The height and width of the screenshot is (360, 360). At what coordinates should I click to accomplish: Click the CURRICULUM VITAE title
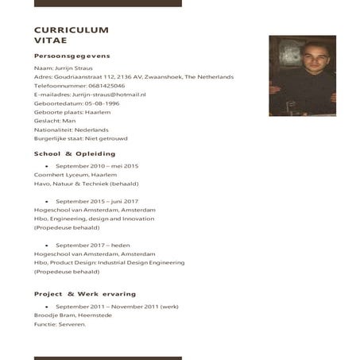coord(72,34)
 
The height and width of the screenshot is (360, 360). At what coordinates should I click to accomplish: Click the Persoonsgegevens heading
coord(72,56)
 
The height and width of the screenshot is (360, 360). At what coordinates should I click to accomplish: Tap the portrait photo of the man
coord(291,75)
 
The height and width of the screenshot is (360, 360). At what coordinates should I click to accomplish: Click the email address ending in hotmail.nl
coord(108,94)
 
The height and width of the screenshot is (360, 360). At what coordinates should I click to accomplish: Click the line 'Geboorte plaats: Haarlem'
coord(72,112)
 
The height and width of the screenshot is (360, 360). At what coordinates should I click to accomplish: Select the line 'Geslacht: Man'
coord(55,121)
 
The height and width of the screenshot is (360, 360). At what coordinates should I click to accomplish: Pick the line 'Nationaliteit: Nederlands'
coord(72,130)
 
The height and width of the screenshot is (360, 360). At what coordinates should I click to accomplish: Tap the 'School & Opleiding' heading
coord(75,153)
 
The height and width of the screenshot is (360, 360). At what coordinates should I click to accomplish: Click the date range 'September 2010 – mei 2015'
coord(97,165)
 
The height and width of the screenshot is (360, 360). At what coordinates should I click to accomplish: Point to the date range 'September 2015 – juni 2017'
coord(97,201)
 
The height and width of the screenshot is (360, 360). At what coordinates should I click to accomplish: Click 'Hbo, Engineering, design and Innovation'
coord(95,219)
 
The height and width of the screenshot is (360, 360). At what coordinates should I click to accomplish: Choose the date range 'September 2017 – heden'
coord(92,245)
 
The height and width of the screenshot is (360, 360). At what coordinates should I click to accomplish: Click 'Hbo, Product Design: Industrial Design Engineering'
coord(109,262)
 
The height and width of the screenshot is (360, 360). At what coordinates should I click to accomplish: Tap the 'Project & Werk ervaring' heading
coord(85,294)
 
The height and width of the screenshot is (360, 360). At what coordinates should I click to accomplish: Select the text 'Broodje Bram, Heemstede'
coord(73,315)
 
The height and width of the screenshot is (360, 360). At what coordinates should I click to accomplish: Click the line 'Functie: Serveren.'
coord(60,324)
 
